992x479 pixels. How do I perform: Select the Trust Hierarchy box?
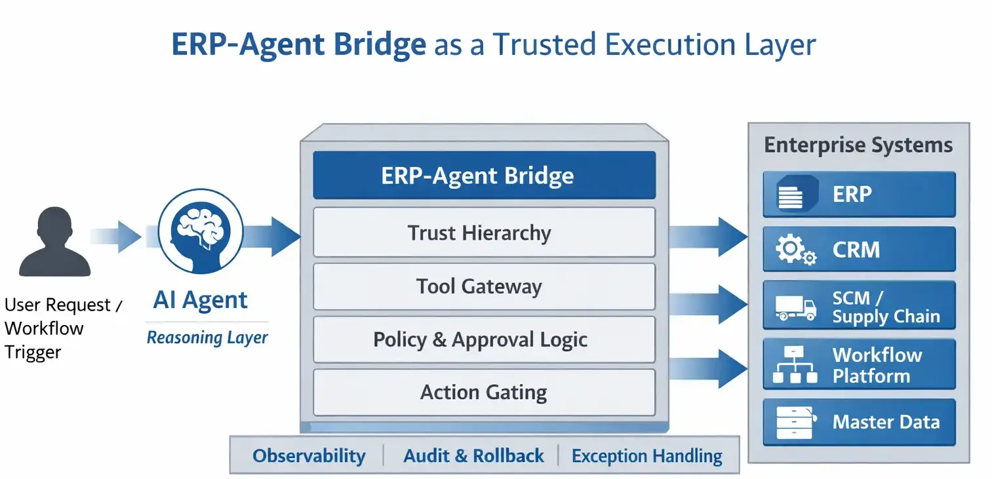[484, 233]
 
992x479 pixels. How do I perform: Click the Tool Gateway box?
[484, 286]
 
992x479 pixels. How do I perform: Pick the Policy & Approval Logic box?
[484, 339]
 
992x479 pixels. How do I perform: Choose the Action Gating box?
[484, 393]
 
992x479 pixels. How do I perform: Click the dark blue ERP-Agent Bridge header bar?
[484, 176]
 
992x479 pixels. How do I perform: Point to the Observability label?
[309, 456]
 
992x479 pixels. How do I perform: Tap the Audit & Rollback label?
[473, 456]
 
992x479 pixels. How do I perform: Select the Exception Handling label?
[646, 456]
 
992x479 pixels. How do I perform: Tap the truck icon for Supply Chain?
[795, 307]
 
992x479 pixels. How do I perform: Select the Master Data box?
[859, 422]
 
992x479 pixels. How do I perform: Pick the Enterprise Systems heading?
[858, 145]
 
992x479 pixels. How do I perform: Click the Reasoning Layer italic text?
[207, 338]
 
